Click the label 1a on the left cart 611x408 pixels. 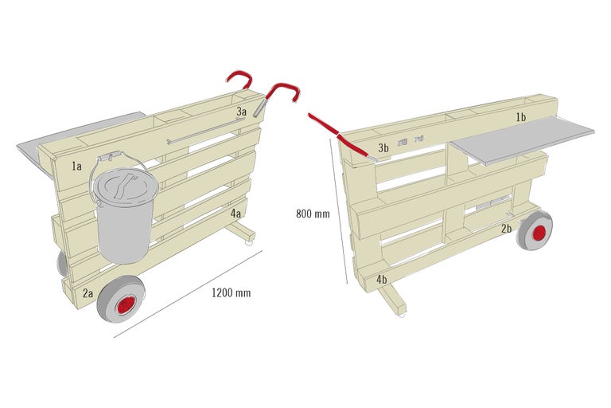click(76, 167)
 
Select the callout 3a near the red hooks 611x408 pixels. click(241, 112)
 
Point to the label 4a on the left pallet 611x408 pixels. click(236, 214)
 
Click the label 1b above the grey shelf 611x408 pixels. click(520, 118)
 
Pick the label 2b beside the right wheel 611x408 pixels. click(506, 229)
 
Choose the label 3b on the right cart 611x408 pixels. click(383, 148)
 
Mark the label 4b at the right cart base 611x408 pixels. click(382, 280)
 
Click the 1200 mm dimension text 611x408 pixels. click(231, 293)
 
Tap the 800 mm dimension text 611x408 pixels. click(313, 214)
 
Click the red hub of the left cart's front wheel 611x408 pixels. click(125, 306)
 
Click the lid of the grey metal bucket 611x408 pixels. click(119, 186)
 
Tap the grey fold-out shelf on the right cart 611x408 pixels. click(525, 139)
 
